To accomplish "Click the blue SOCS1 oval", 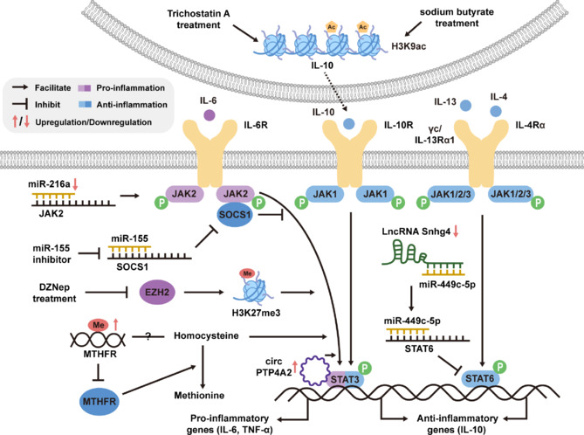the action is pos(235,215).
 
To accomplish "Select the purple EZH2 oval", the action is pos(157,293).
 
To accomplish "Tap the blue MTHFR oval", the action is pos(100,402).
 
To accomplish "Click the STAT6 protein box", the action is pos(479,379).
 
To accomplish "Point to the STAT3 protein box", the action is pos(345,379).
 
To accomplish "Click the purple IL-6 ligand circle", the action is pos(210,114).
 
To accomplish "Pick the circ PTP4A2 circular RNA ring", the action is pos(315,370).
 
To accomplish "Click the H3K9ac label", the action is pos(409,46).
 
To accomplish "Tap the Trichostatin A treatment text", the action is pos(198,19).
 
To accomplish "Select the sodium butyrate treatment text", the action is pos(457,17).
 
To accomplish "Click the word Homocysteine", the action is pos(206,335).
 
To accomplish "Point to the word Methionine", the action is pos(199,395).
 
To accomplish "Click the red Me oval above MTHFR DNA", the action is pos(99,325).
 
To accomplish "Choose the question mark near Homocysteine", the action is pos(148,336).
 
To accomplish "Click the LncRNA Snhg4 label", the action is pos(416,231).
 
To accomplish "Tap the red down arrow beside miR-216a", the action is pos(75,184).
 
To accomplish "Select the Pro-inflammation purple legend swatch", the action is pos(84,88).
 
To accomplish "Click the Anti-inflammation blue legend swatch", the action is pos(85,105).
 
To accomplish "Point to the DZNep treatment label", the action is pos(54,293).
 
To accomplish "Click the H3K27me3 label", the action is pos(256,313).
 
